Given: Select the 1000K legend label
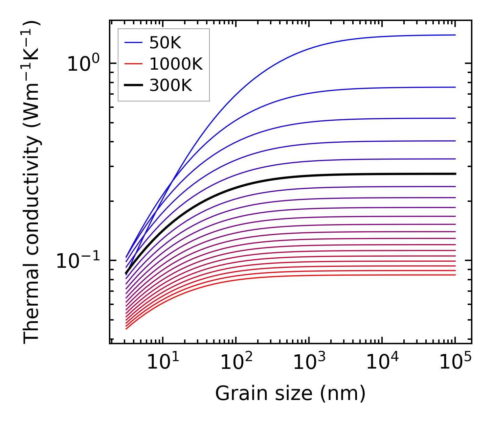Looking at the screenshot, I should (x=176, y=64).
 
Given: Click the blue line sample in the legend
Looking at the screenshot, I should (x=134, y=43).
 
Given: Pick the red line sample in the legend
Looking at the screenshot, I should (x=134, y=64).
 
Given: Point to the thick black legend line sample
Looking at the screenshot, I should (x=134, y=86).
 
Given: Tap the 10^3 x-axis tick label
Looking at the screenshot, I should (x=309, y=362).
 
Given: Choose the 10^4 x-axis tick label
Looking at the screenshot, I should (x=382, y=362).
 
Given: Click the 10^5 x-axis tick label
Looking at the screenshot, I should (x=455, y=362).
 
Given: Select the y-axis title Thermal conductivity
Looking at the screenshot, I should (x=32, y=182).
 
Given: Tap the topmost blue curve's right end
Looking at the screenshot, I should (x=455, y=35).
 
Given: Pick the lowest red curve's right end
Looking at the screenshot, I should (x=455, y=275).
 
